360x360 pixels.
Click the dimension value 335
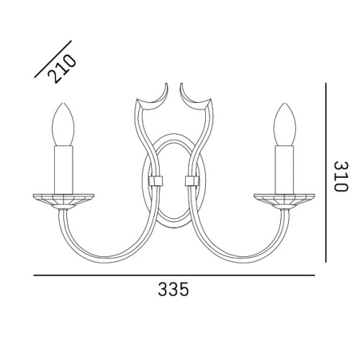click(174, 292)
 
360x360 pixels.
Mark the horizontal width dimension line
click(174, 274)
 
